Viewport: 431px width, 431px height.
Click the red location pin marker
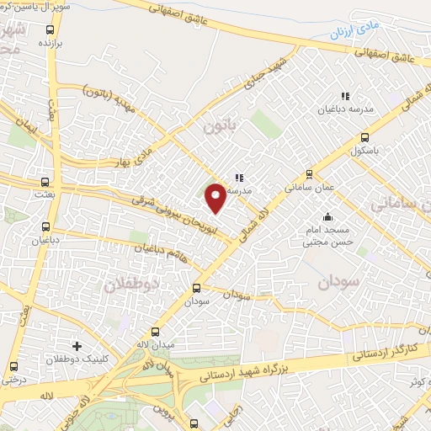tap(215, 197)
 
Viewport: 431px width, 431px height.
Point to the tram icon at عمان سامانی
tap(310, 174)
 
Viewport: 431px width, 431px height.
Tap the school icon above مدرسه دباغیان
tap(343, 96)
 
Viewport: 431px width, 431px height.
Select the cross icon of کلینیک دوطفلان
tap(77, 346)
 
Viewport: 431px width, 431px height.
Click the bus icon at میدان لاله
tap(155, 331)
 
